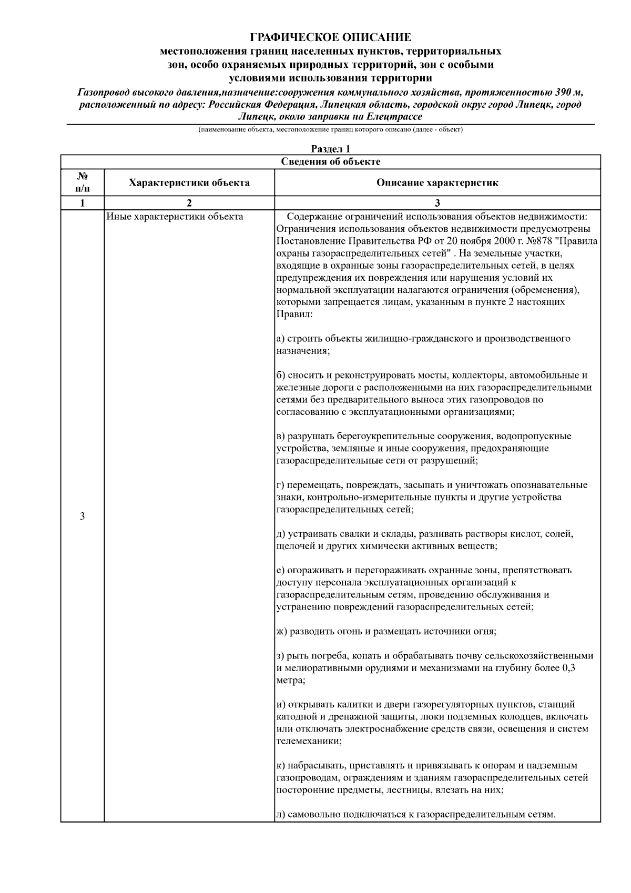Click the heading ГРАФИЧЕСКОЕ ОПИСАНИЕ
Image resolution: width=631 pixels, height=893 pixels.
[330, 37]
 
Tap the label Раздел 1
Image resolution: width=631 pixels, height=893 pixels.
[330, 149]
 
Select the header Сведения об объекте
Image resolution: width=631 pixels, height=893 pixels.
[330, 161]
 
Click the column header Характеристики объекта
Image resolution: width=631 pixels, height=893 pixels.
[189, 183]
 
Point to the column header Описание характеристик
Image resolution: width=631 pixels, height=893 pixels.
[437, 183]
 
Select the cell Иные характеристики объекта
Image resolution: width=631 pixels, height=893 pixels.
[175, 217]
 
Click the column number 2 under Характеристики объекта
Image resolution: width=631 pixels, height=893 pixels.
[189, 203]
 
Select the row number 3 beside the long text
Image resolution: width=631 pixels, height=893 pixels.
[82, 516]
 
